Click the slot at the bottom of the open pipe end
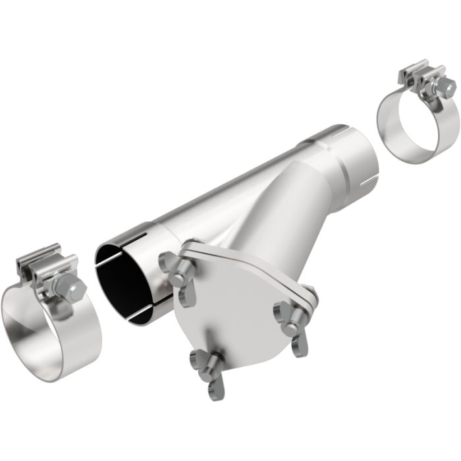click(x=142, y=315)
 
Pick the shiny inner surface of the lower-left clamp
click(x=26, y=323)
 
